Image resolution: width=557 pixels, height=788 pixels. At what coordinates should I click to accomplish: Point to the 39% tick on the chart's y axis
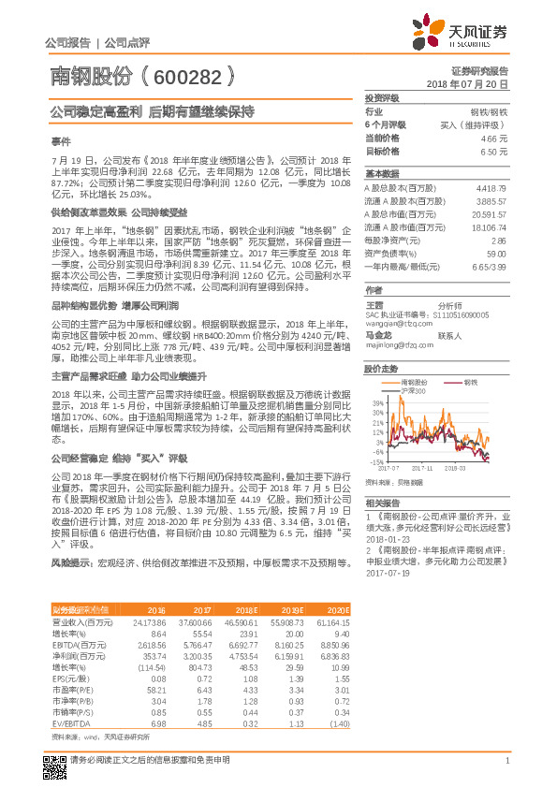tap(376, 402)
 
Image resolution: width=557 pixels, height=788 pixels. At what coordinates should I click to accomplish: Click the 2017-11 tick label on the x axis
tap(422, 466)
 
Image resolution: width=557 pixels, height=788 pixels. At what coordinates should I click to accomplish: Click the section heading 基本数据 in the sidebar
tap(381, 174)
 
